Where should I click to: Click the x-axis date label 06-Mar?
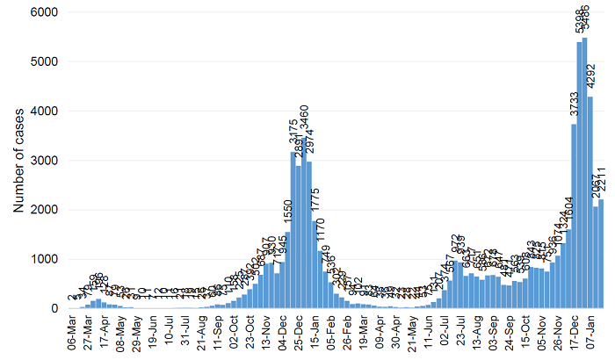click(x=71, y=333)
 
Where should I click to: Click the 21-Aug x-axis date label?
click(x=206, y=333)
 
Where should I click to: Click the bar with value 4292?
click(x=590, y=202)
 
